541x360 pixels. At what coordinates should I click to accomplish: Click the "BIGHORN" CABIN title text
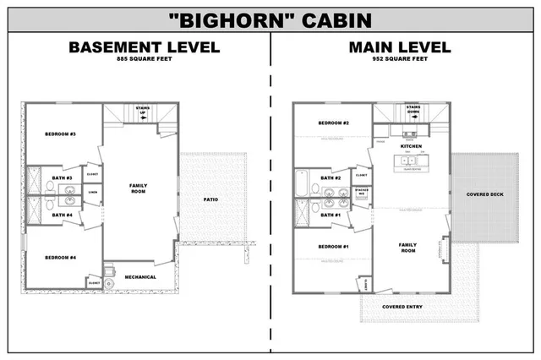270,19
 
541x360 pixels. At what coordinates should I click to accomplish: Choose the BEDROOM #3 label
61,134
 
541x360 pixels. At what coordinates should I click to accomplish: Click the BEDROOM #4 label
61,257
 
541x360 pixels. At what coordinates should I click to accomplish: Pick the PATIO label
213,199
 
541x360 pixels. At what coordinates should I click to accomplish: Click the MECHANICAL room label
140,276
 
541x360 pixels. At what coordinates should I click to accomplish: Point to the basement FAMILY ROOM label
138,188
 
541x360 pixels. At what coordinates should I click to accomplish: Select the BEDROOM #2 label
334,123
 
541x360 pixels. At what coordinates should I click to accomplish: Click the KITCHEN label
411,146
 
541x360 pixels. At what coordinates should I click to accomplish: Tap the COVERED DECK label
484,194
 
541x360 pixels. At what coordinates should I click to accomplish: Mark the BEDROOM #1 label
334,246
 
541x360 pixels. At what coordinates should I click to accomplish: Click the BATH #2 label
332,177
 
